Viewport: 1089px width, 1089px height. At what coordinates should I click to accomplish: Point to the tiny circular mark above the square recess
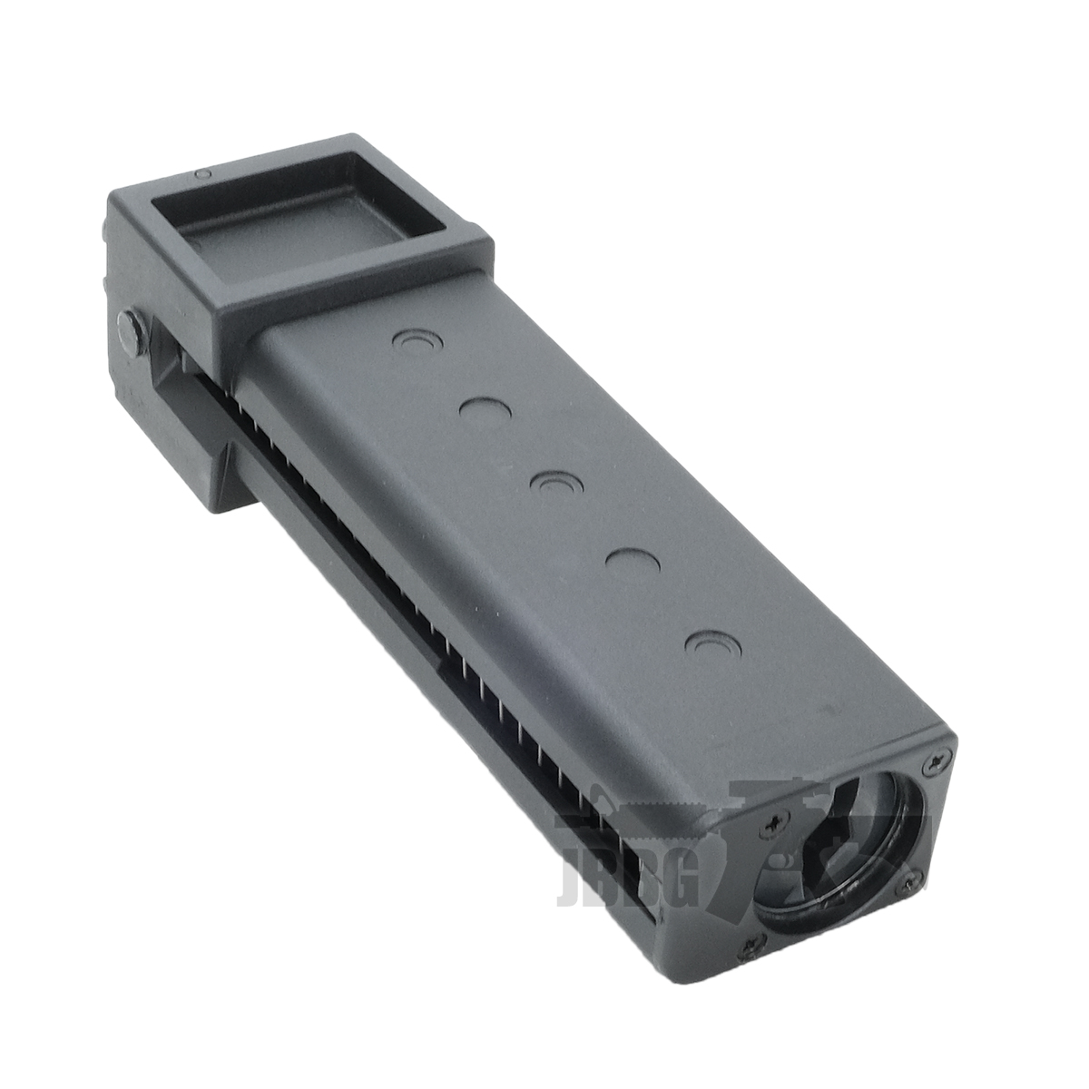206,172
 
